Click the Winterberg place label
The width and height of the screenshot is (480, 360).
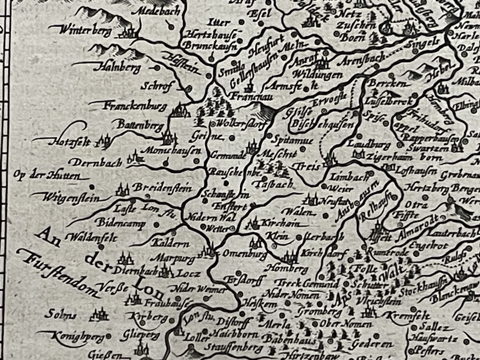click(85, 30)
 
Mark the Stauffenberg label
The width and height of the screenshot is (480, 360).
click(228, 348)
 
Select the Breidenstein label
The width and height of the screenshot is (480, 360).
click(162, 188)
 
